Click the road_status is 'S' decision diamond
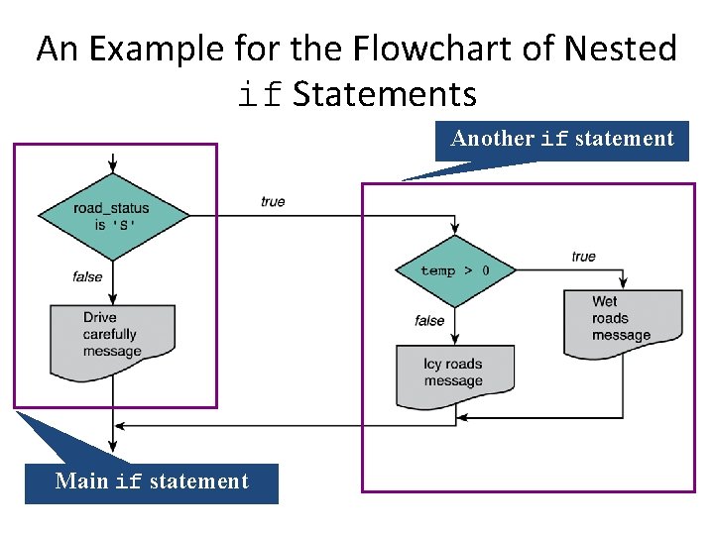point(113,215)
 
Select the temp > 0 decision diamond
point(454,270)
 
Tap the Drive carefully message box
point(113,337)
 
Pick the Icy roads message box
point(454,373)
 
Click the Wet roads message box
point(623,320)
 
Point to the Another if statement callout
point(562,139)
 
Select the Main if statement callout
point(152,481)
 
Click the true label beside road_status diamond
point(273,201)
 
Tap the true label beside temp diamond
point(584,257)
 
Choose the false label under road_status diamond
point(87,276)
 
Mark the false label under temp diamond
point(429,320)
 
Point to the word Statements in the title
point(385,95)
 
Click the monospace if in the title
point(262,95)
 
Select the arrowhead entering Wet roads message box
point(623,284)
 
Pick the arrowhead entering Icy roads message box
point(454,339)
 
